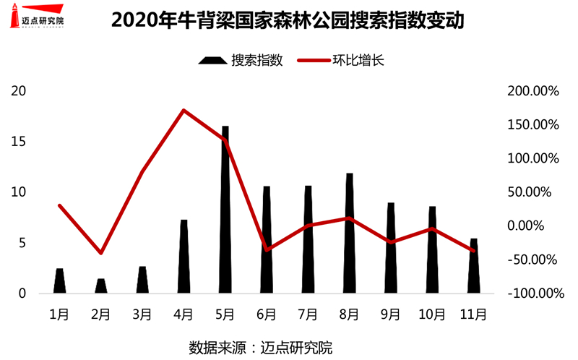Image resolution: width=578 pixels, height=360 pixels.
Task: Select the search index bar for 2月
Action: click(101, 286)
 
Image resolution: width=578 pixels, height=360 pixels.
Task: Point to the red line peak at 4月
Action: click(184, 111)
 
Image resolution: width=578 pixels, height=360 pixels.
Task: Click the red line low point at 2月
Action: click(101, 253)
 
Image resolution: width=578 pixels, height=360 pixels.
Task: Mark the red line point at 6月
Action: click(267, 249)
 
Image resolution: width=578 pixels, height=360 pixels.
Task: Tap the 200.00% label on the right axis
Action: click(533, 91)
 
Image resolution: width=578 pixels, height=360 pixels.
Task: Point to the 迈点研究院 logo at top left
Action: click(36, 17)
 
